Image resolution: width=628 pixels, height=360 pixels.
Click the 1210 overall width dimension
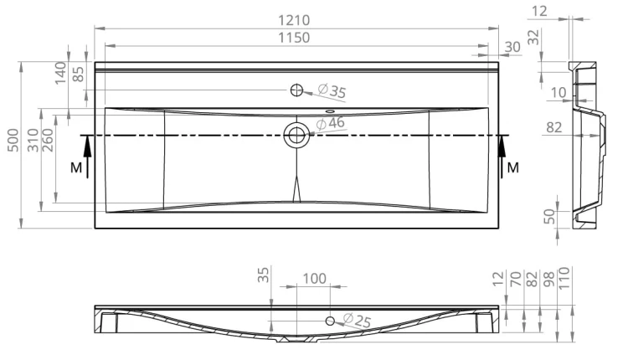[x=294, y=20]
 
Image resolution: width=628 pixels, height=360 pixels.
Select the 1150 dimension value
[x=294, y=38]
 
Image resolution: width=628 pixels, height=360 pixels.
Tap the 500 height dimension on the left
[x=13, y=140]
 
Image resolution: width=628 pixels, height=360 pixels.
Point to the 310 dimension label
[x=33, y=140]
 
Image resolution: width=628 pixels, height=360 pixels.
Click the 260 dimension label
[x=47, y=140]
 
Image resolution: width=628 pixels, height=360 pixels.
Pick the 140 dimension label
[x=60, y=73]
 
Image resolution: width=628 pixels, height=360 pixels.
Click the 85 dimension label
[x=78, y=74]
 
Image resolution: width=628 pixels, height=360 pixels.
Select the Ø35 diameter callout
[x=332, y=90]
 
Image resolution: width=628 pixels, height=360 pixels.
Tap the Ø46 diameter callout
[x=331, y=123]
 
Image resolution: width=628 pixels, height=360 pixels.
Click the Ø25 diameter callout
[x=358, y=320]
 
